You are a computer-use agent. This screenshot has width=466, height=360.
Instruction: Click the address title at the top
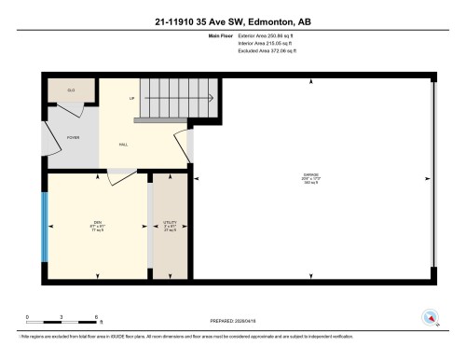click(x=232, y=18)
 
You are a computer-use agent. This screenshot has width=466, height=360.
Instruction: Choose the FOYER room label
click(x=72, y=137)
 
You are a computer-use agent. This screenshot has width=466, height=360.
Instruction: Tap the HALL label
click(x=123, y=145)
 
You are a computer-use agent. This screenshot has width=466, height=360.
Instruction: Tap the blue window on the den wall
click(x=44, y=228)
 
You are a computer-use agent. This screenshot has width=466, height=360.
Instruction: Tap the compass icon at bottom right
click(x=431, y=317)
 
